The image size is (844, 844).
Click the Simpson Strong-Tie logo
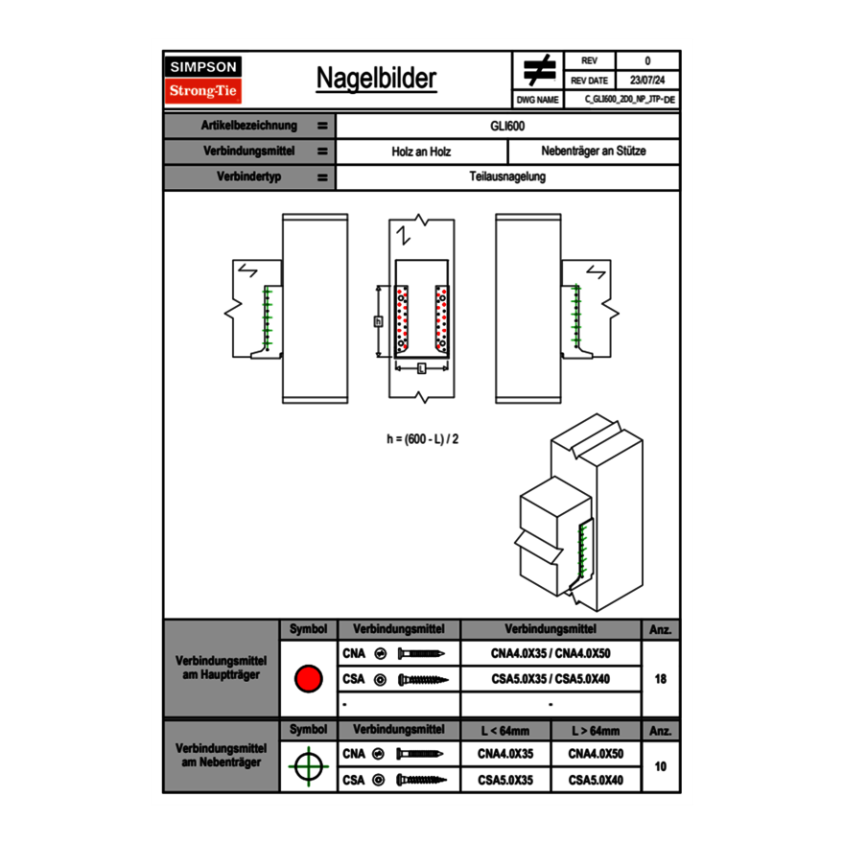click(203, 80)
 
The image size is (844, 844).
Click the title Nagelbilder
click(376, 79)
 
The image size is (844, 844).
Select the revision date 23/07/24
click(647, 81)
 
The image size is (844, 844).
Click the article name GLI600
click(507, 126)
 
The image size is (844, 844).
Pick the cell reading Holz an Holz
click(421, 152)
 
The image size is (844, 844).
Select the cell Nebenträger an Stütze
click(594, 152)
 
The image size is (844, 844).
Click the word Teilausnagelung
click(507, 177)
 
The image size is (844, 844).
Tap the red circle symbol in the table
click(308, 679)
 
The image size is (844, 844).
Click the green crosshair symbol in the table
click(308, 766)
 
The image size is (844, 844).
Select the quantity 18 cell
click(661, 679)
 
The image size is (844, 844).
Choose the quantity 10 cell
click(661, 766)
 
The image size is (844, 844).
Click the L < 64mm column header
click(505, 731)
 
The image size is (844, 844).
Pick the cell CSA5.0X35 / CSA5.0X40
click(551, 679)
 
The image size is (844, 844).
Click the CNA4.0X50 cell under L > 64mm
click(596, 754)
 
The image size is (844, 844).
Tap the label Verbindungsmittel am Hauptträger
click(221, 668)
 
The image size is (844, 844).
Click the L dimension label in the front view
click(421, 368)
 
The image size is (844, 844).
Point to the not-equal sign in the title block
click(540, 71)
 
